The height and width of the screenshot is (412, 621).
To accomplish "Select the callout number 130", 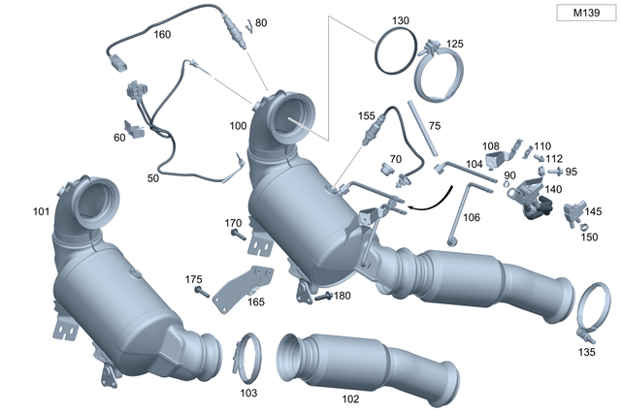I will pyautogui.click(x=401, y=20).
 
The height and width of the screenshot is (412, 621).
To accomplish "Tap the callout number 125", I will pyautogui.click(x=454, y=45).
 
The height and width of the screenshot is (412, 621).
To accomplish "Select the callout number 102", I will pyautogui.click(x=350, y=397).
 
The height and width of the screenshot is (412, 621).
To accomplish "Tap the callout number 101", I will pyautogui.click(x=41, y=209).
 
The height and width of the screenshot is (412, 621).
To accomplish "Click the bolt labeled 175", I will pyautogui.click(x=202, y=291).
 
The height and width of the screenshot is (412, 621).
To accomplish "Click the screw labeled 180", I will pyautogui.click(x=322, y=297).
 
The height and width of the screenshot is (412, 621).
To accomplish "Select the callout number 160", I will pyautogui.click(x=162, y=35).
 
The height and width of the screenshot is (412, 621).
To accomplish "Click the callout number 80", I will pyautogui.click(x=261, y=21).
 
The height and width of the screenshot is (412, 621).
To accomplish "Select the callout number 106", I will pyautogui.click(x=471, y=217).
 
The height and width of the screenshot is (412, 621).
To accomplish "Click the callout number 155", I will pyautogui.click(x=366, y=115).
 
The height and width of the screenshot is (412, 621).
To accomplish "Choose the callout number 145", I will pyautogui.click(x=593, y=211).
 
